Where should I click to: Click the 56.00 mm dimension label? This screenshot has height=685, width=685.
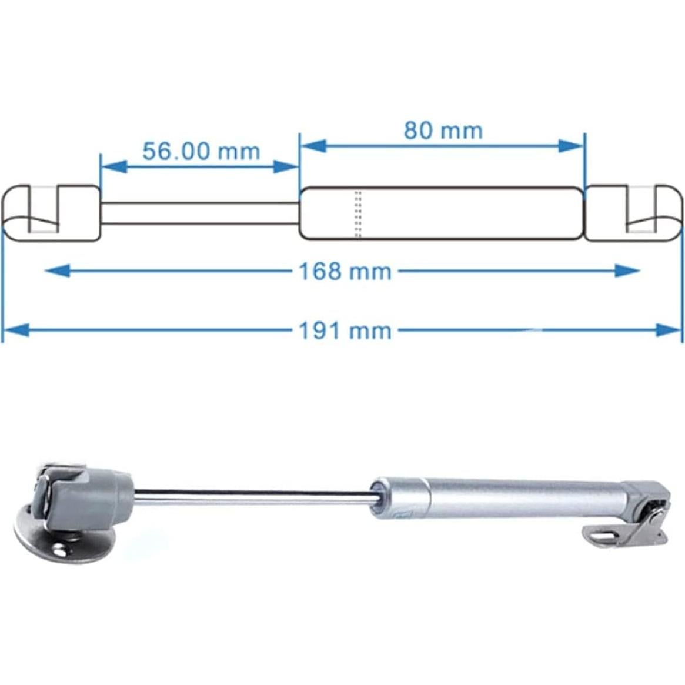(x=201, y=151)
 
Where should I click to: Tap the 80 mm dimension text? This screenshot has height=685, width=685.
(x=443, y=130)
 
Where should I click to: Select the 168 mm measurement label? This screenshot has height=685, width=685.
(x=345, y=271)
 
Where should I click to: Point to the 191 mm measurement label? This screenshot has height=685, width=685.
(x=345, y=330)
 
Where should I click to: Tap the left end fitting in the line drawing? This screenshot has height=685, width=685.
(x=52, y=213)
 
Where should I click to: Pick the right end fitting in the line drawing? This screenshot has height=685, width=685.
(x=634, y=213)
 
